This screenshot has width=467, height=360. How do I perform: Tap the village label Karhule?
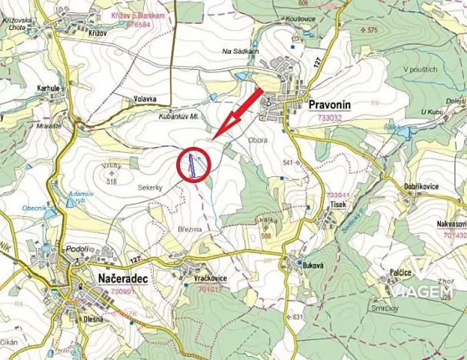coord(48,88)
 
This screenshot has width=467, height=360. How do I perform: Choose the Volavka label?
coord(144,98)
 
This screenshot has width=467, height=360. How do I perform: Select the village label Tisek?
coord(338,205)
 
